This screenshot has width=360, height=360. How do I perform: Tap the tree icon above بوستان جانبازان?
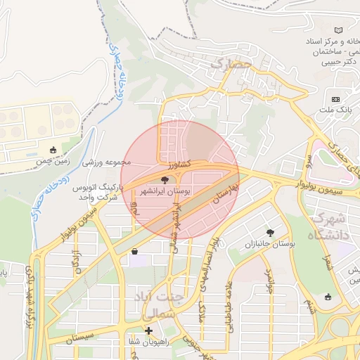[x=270, y=232]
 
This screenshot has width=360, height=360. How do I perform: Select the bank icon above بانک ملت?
[x=335, y=99]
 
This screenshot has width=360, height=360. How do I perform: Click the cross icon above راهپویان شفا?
[x=148, y=330]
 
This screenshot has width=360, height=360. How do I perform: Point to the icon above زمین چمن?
[x=53, y=150]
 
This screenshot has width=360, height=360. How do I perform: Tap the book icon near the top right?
[x=340, y=30]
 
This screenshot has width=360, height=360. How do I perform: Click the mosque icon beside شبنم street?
[x=328, y=297]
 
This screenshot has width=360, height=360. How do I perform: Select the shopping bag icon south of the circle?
[x=134, y=251]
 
